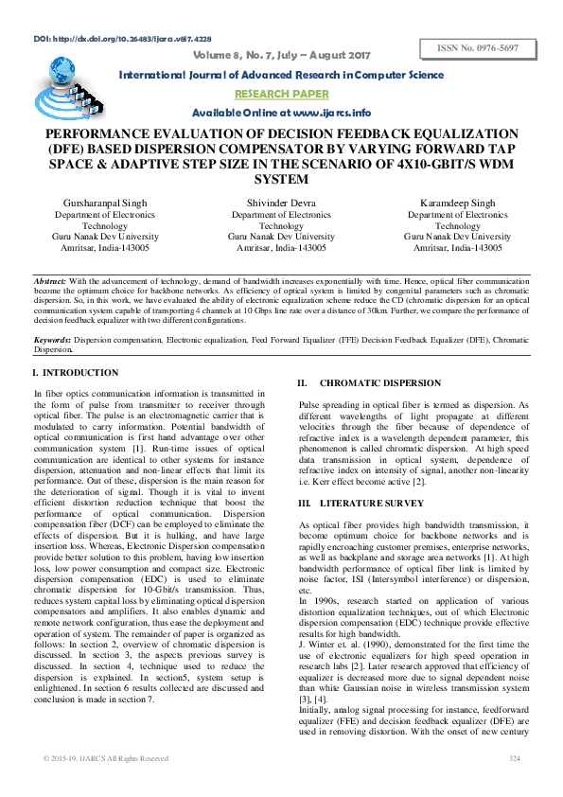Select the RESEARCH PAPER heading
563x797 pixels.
(x=281, y=94)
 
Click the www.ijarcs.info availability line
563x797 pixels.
(x=281, y=113)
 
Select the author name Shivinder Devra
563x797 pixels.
(x=282, y=204)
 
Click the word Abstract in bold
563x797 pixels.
(x=49, y=282)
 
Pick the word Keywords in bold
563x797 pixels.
(x=53, y=338)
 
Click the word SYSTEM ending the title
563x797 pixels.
(x=282, y=179)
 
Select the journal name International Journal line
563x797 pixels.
(x=282, y=75)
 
